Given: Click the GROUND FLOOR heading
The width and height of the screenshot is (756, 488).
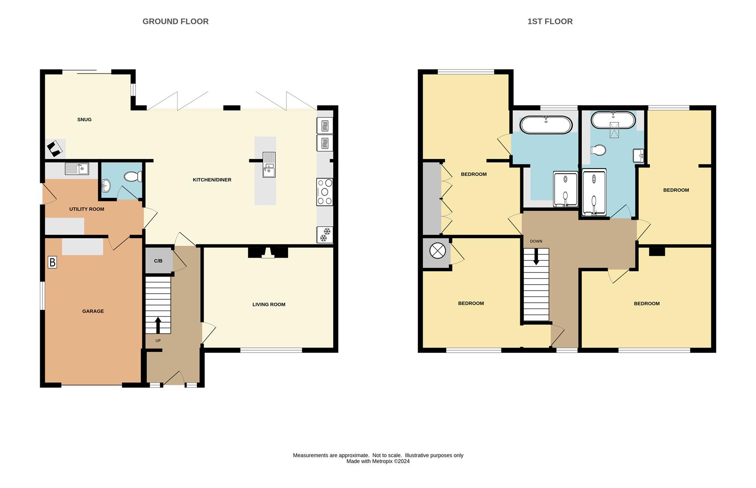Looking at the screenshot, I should (175, 21).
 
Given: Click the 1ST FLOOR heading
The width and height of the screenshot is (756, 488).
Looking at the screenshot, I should (550, 21).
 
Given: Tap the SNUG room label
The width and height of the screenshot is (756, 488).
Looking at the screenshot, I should (84, 120).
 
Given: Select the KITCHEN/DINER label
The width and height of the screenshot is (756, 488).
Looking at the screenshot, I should (212, 180).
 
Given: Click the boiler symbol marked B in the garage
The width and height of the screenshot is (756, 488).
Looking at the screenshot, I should (52, 262).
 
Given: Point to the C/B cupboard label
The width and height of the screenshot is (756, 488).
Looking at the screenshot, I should (158, 261).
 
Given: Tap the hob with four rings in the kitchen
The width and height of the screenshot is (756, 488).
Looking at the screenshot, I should (325, 192).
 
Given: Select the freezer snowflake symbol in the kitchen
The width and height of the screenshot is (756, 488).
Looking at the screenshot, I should (325, 235).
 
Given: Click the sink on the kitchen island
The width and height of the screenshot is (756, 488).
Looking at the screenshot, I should (269, 165).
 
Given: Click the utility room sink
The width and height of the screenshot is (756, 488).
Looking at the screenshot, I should (77, 169).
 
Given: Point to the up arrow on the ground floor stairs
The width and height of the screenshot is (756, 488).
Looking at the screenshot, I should (158, 324).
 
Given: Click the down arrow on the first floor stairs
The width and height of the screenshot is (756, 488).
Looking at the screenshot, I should (536, 257).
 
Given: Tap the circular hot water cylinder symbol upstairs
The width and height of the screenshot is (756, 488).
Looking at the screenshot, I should (437, 251).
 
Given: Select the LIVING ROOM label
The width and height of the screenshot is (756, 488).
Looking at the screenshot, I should (269, 305).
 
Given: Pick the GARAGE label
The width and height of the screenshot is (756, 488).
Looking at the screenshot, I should (93, 311).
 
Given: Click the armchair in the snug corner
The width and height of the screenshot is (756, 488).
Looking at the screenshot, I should (55, 149).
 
